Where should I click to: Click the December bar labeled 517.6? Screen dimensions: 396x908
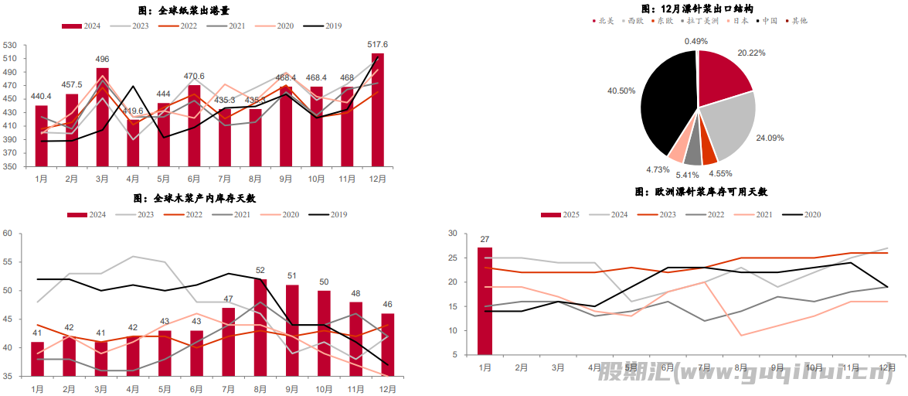pyautogui.click(x=377, y=110)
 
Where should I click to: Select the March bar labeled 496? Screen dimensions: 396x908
pyautogui.click(x=102, y=117)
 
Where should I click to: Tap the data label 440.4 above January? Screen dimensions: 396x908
pyautogui.click(x=41, y=97)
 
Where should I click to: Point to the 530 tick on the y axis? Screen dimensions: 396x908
pyautogui.click(x=12, y=46)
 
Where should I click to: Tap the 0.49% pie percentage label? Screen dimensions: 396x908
pyautogui.click(x=695, y=41)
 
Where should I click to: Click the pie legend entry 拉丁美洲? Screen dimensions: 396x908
pyautogui.click(x=702, y=21)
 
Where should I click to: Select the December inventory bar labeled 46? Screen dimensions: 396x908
pyautogui.click(x=387, y=344)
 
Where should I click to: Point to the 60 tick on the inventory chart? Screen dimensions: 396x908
pyautogui.click(x=6, y=233)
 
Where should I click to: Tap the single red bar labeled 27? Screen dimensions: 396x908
pyautogui.click(x=485, y=302)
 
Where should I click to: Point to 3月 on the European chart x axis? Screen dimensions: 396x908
pyautogui.click(x=558, y=368)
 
